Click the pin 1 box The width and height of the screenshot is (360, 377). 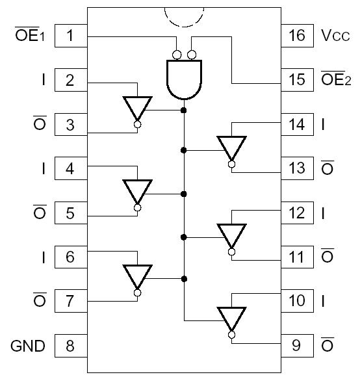pos(71,36)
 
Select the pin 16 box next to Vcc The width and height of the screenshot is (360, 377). pos(297,36)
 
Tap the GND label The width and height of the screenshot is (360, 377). pos(28,346)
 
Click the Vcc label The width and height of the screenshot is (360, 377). pos(336,36)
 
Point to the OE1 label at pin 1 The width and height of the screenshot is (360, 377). pos(29,36)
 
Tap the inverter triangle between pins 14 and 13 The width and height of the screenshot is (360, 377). pos(231,147)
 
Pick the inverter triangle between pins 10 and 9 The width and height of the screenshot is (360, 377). pos(231,318)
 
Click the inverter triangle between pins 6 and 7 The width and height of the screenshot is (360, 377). pos(137,276)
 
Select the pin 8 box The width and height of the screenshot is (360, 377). pos(71,346)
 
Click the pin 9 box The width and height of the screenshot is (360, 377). pos(297,346)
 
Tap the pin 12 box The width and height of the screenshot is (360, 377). pos(297,213)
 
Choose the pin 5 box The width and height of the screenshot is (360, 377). pos(71,213)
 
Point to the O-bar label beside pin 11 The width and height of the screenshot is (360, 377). pos(328,256)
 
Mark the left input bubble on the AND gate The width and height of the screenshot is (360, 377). pos(177,55)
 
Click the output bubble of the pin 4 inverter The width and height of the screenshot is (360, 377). pos(137,208)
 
